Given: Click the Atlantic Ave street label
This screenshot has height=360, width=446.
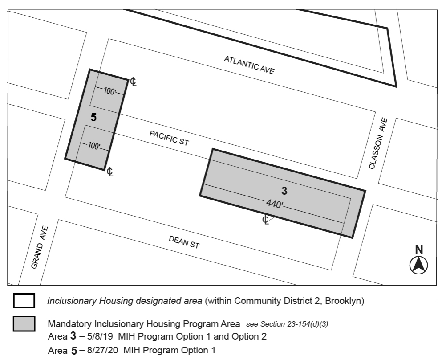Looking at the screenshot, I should coord(249,65).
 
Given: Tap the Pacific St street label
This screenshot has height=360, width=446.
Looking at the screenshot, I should coord(169,138).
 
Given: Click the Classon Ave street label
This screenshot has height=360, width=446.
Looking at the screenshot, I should coord(378,143).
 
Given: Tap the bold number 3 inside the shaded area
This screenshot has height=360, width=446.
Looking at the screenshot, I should coord(284,191).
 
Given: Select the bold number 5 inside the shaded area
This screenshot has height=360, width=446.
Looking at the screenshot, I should coord(93,118).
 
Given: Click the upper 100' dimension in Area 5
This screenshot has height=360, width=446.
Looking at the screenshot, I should coord(109,91).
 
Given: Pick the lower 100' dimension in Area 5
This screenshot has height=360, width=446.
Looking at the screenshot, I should coord(94,146).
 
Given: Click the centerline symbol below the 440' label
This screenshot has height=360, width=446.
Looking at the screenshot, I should coord(265,220).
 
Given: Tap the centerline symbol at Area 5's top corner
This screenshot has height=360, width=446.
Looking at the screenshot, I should coord(133,82).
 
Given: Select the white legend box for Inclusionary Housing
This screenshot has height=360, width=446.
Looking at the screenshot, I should coord(24,301).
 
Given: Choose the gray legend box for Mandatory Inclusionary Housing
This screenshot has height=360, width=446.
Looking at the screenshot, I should coord(24,324).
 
